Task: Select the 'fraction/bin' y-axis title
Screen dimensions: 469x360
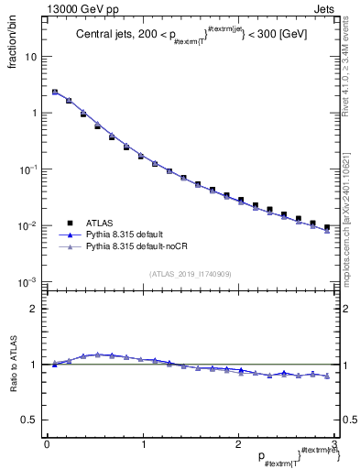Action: pyautogui.click(x=13, y=43)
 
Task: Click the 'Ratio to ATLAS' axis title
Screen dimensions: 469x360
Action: pyautogui.click(x=14, y=365)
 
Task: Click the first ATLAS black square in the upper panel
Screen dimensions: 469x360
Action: pyautogui.click(x=55, y=93)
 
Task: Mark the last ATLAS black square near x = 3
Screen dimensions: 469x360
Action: pyautogui.click(x=327, y=227)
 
